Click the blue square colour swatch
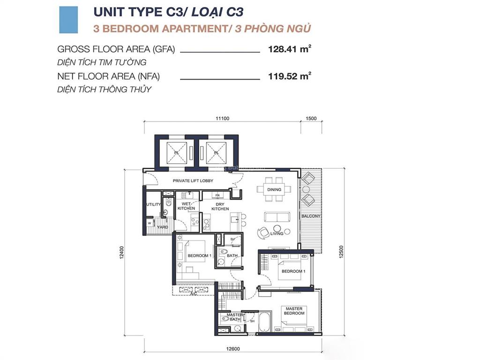68,20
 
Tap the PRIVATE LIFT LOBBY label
193,180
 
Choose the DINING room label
274,190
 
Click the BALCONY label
311,216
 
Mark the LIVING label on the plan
277,233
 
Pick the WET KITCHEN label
186,206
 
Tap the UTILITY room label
153,205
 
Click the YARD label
162,227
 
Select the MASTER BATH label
233,317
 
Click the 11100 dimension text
222,119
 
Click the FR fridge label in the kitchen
217,195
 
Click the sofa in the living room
277,217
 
